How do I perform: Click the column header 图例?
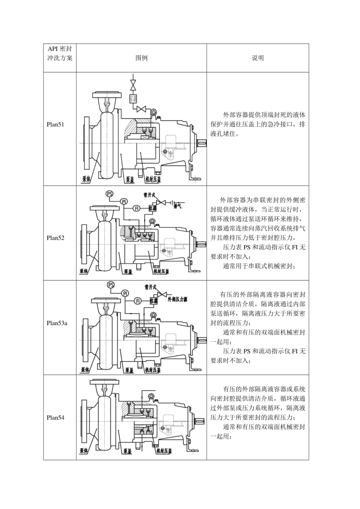141,58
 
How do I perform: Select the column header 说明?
258,58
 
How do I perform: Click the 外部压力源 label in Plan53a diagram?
177,299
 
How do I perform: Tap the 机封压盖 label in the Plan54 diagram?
164,450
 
